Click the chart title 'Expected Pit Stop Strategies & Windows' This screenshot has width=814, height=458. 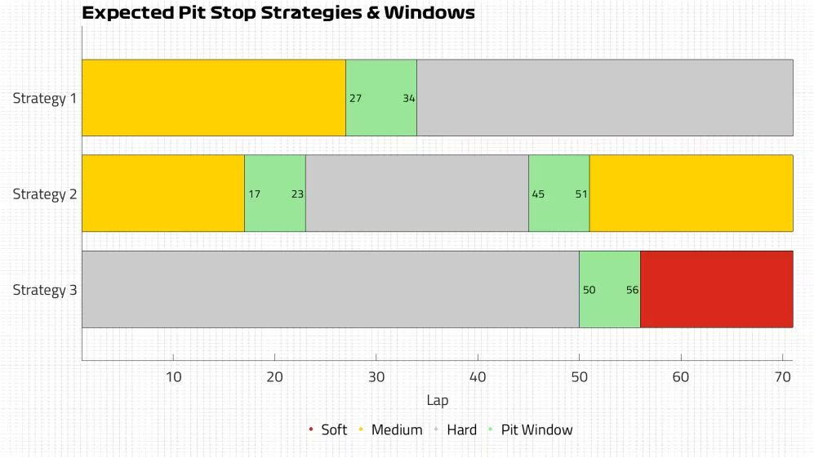point(278,12)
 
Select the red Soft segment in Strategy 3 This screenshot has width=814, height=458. point(716,289)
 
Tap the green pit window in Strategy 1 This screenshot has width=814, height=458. point(381,98)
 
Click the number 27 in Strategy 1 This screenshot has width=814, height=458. point(356,98)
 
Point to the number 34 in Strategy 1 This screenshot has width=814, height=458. point(409,98)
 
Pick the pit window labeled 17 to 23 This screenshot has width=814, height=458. point(275,193)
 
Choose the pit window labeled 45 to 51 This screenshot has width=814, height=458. point(559,193)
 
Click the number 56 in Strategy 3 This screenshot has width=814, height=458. point(632,290)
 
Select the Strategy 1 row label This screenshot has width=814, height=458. point(45,98)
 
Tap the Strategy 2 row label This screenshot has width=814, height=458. point(45,194)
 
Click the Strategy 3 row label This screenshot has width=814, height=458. point(45,290)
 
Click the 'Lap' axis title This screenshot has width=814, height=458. point(437,400)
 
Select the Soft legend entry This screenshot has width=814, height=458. point(328,430)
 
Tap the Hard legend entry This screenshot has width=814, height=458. point(456,430)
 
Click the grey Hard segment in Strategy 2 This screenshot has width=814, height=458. point(417,193)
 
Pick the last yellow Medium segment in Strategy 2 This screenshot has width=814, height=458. point(692,193)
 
